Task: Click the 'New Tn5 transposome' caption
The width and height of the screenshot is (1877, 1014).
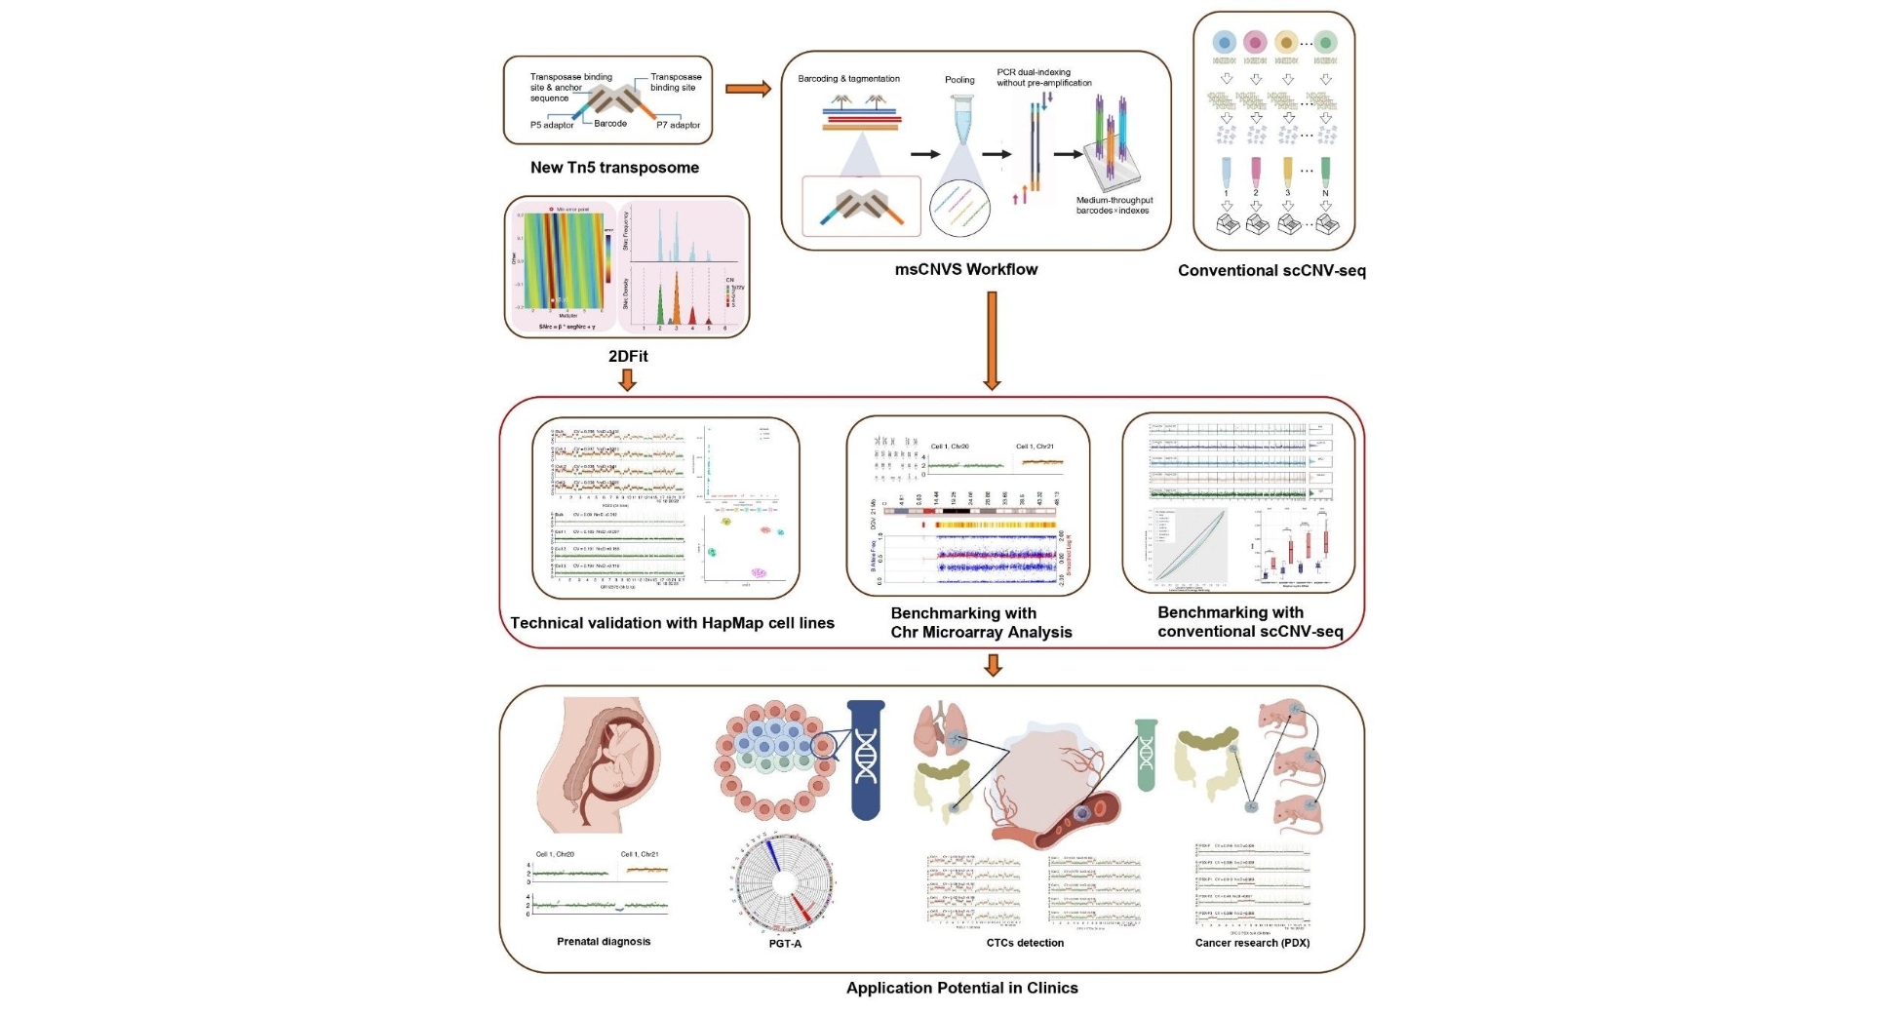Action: (614, 168)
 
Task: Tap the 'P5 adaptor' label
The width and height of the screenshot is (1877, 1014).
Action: (552, 125)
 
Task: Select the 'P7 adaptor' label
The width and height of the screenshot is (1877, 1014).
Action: (678, 125)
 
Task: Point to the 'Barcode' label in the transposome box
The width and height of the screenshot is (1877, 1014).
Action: (610, 124)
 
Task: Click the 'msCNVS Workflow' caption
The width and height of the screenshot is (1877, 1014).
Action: (966, 269)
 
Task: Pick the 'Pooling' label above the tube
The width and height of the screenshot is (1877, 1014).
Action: (959, 80)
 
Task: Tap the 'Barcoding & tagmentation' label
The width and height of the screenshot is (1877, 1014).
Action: (848, 79)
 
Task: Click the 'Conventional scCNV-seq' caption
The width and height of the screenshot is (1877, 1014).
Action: (1271, 270)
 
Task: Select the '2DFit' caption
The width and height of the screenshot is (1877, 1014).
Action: (628, 356)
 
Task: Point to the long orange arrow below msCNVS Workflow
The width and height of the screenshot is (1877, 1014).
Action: (992, 340)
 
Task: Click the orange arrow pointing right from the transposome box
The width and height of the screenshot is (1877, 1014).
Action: (748, 90)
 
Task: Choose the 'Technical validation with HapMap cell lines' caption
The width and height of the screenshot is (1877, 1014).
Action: (672, 623)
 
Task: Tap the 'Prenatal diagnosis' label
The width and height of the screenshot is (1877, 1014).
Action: (604, 942)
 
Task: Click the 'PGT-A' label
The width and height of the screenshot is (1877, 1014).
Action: (785, 944)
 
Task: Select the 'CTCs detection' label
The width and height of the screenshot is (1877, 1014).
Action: (1025, 943)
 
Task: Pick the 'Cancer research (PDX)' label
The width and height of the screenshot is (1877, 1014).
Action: (1252, 943)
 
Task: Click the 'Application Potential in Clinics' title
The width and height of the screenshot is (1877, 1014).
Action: (961, 988)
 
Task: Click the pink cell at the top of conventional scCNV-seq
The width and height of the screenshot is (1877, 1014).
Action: (1255, 42)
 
